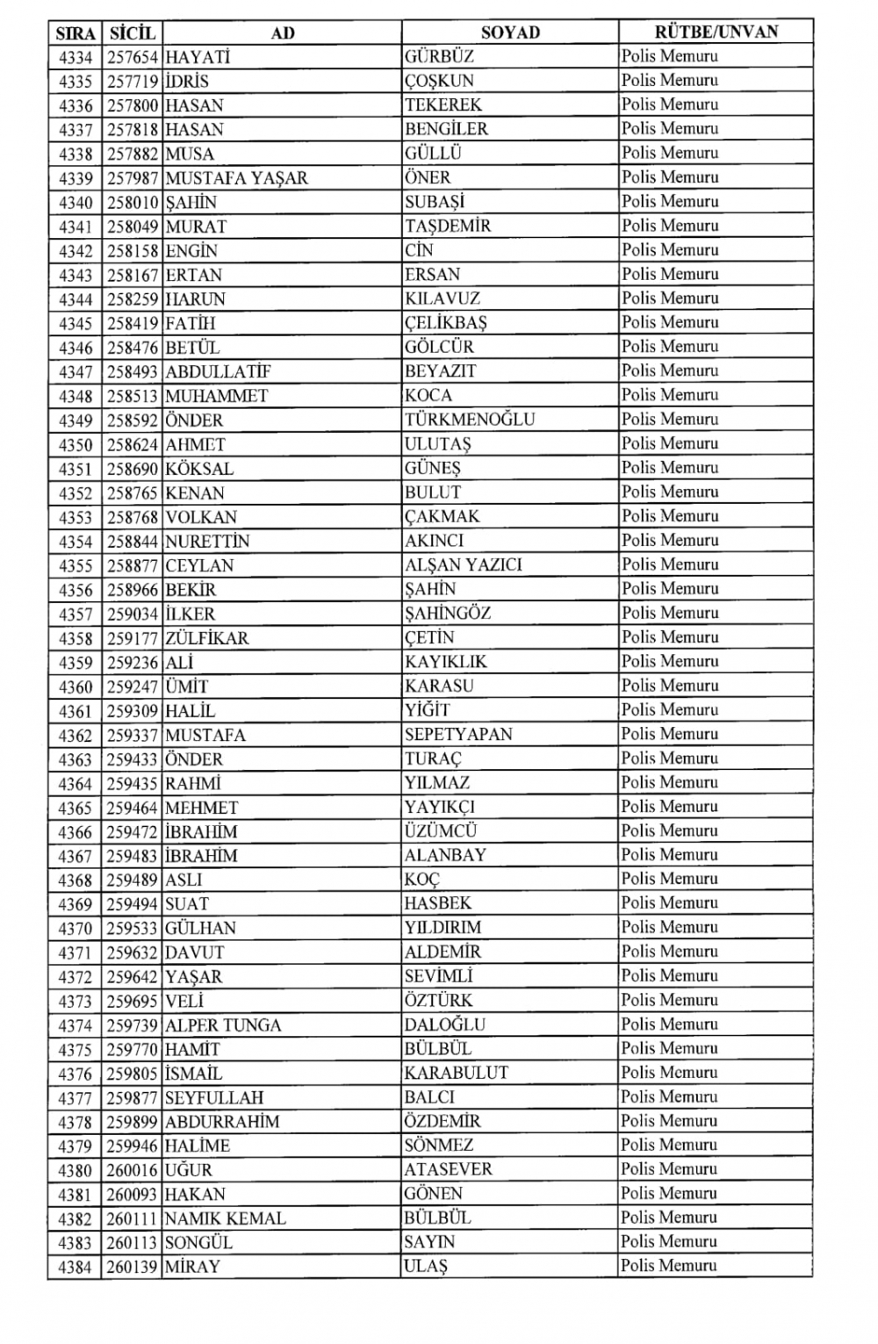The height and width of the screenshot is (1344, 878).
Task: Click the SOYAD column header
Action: tap(509, 33)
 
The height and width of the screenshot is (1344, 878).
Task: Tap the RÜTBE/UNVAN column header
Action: tap(716, 32)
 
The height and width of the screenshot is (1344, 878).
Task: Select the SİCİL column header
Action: tap(132, 33)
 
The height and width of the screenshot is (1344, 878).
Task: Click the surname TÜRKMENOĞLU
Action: tap(469, 420)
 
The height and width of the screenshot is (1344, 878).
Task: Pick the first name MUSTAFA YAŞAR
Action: tap(236, 178)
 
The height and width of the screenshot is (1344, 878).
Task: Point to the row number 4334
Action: tap(76, 57)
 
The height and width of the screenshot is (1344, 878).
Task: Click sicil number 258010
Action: tap(132, 203)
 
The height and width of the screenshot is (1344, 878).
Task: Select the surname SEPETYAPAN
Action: tap(458, 735)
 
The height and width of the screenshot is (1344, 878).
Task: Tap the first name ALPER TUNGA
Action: tap(223, 1025)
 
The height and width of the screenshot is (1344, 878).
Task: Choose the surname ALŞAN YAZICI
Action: tap(463, 564)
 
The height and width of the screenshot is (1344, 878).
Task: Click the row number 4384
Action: tap(76, 1267)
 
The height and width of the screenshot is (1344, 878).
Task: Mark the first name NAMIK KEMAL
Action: tap(225, 1218)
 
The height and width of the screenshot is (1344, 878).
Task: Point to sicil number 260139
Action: tap(132, 1267)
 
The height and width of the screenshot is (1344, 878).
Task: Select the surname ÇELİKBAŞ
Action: tap(445, 323)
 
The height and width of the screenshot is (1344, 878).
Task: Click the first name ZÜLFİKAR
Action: tap(207, 637)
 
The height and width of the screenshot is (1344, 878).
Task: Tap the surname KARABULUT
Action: tap(456, 1073)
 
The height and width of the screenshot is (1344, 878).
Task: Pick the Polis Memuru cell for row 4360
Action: tap(669, 686)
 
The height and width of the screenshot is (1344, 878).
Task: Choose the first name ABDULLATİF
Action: tap(218, 371)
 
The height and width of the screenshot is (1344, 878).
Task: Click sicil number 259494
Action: tap(132, 903)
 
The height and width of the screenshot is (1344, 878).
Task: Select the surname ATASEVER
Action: tap(448, 1169)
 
